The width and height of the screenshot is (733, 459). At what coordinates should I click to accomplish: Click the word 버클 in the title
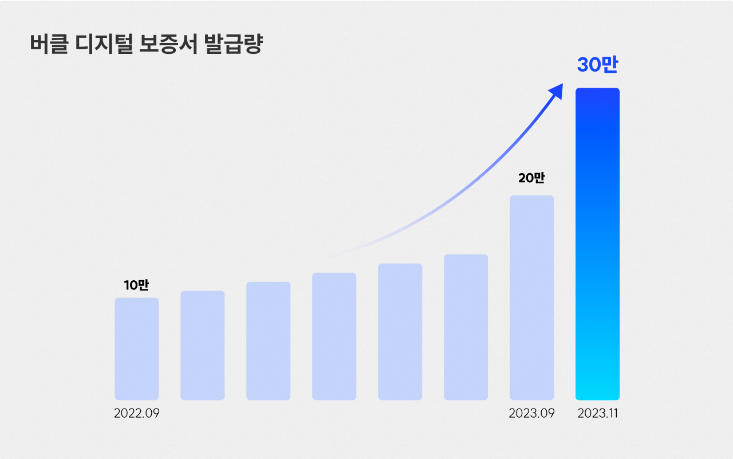(48, 45)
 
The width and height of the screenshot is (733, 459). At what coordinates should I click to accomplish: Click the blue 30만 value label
(597, 65)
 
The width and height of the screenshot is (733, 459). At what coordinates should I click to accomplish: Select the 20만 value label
(531, 178)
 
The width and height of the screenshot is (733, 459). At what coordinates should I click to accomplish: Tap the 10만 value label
(136, 285)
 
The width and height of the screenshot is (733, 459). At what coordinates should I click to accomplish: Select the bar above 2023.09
(531, 297)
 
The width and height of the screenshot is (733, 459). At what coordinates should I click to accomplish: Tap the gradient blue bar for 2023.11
(597, 244)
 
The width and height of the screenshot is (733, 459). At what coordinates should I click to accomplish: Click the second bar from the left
(202, 345)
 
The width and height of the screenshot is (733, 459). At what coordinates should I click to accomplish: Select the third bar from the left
(268, 340)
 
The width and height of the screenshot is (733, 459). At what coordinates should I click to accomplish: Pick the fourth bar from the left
(334, 336)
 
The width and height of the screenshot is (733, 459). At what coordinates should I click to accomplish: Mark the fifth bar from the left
(400, 331)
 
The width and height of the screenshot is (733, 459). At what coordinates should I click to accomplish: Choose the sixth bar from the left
(466, 327)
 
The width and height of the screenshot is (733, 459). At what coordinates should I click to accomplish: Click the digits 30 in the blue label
(588, 65)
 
